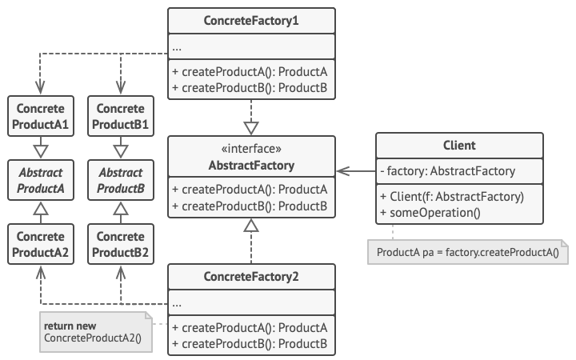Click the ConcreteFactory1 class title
[251, 19]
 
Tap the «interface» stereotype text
[251, 150]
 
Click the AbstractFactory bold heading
[251, 166]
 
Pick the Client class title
[459, 146]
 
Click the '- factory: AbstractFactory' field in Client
[448, 170]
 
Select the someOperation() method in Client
[432, 212]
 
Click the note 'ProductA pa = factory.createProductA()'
[467, 254]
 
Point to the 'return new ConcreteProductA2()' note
[94, 332]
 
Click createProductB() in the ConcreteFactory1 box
[250, 86]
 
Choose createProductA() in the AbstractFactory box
[250, 190]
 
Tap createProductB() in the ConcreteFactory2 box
[250, 344]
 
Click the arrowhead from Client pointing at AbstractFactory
[342, 170]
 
